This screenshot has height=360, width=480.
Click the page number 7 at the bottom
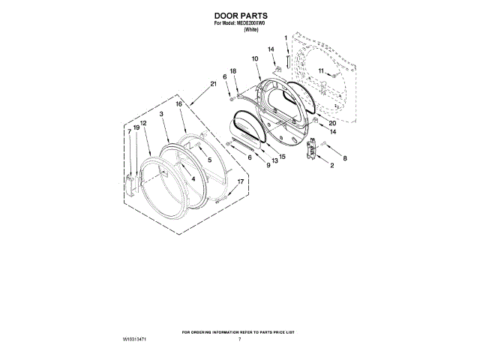[x=240, y=340]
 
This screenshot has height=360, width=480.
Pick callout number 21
[x=214, y=84]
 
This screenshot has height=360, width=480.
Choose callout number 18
[x=232, y=71]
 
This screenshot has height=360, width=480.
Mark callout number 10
[x=255, y=58]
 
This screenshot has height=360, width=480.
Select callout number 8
[x=345, y=159]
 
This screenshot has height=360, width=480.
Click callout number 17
[x=241, y=182]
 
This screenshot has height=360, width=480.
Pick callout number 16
[x=179, y=105]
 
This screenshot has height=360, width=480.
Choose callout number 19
[x=136, y=127]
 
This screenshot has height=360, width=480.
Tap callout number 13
[x=274, y=160]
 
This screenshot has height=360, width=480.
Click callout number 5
[x=209, y=160]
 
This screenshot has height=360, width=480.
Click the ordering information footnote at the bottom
[x=240, y=331]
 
